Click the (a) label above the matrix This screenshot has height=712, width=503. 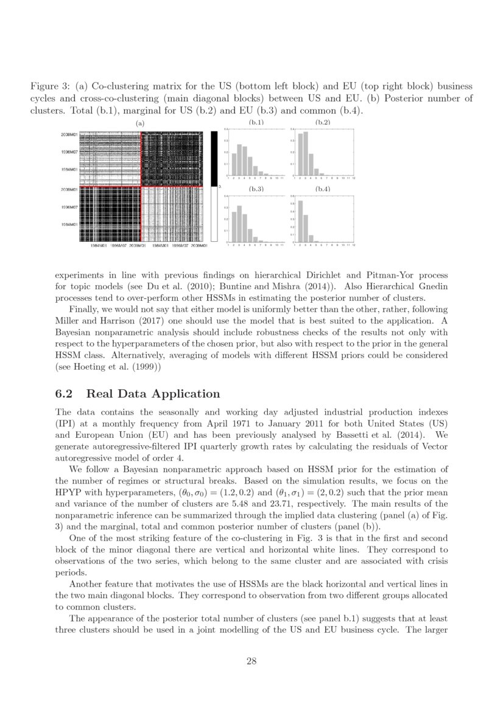142,123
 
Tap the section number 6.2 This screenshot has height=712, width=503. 65,393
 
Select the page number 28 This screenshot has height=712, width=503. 251,662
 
